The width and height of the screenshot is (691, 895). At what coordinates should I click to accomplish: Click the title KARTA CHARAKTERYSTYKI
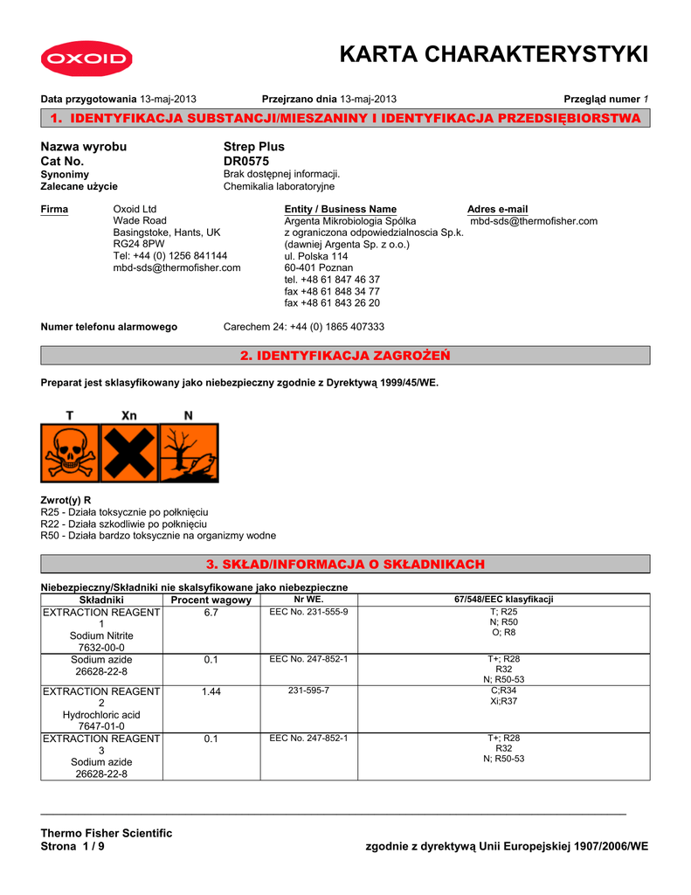pyautogui.click(x=493, y=55)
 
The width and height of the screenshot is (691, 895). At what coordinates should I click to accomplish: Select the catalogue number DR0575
pyautogui.click(x=246, y=162)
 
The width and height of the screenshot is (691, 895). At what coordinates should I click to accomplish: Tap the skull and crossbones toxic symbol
pyautogui.click(x=70, y=453)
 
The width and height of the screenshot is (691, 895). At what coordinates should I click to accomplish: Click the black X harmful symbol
pyautogui.click(x=129, y=453)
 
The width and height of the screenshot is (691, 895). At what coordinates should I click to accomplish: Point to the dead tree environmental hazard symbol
pyautogui.click(x=188, y=453)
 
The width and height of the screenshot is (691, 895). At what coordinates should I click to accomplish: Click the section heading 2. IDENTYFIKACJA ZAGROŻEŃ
pyautogui.click(x=345, y=355)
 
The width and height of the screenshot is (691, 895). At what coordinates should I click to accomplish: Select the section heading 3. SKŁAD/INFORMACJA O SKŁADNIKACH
pyautogui.click(x=345, y=565)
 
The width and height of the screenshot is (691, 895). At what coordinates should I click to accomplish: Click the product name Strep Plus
pyautogui.click(x=254, y=147)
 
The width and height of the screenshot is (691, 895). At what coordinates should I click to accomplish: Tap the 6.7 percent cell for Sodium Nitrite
pyautogui.click(x=211, y=613)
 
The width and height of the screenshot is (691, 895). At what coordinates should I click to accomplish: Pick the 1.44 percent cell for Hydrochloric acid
pyautogui.click(x=211, y=691)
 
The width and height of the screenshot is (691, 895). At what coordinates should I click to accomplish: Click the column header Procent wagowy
pyautogui.click(x=211, y=600)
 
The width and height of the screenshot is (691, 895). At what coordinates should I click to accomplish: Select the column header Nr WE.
pyautogui.click(x=308, y=600)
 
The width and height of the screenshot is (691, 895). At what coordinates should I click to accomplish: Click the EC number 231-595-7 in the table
pyautogui.click(x=308, y=690)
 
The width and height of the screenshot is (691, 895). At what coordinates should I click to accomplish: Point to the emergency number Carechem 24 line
pyautogui.click(x=304, y=327)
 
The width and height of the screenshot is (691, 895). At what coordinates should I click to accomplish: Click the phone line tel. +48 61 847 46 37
pyautogui.click(x=332, y=279)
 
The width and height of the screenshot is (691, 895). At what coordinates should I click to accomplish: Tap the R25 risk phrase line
pyautogui.click(x=125, y=511)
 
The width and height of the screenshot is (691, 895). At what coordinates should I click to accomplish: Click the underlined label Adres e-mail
pyautogui.click(x=498, y=209)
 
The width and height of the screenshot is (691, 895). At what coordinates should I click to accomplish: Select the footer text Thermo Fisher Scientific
pyautogui.click(x=107, y=833)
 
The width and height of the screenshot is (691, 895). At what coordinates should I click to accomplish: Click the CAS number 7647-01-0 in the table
pyautogui.click(x=100, y=726)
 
